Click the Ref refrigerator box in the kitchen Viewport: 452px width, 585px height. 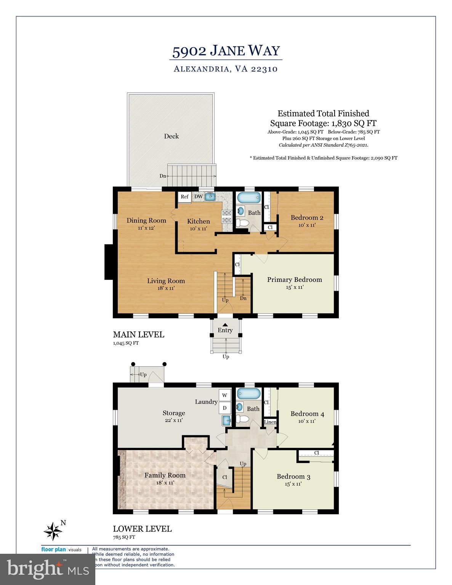184,197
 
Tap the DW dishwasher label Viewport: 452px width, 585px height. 199,197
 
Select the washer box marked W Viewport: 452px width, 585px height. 224,395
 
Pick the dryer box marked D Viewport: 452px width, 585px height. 224,408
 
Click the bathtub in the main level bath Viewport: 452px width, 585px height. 249,198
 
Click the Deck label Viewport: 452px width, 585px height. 171,136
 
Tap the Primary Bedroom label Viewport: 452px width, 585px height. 294,280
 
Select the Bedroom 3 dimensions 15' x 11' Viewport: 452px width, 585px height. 293,484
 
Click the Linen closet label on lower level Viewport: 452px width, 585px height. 270,422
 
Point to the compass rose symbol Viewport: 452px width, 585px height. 53,531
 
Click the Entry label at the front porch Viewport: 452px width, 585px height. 225,330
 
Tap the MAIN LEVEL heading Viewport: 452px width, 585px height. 138,334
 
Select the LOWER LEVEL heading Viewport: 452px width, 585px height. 142,529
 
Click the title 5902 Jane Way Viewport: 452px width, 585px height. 226,51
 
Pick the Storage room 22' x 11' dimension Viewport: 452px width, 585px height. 174,420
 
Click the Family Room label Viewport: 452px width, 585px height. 165,475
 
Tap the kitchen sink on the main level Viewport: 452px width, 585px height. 210,197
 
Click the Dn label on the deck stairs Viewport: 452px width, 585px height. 163,176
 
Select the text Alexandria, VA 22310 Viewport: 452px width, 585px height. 226,69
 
